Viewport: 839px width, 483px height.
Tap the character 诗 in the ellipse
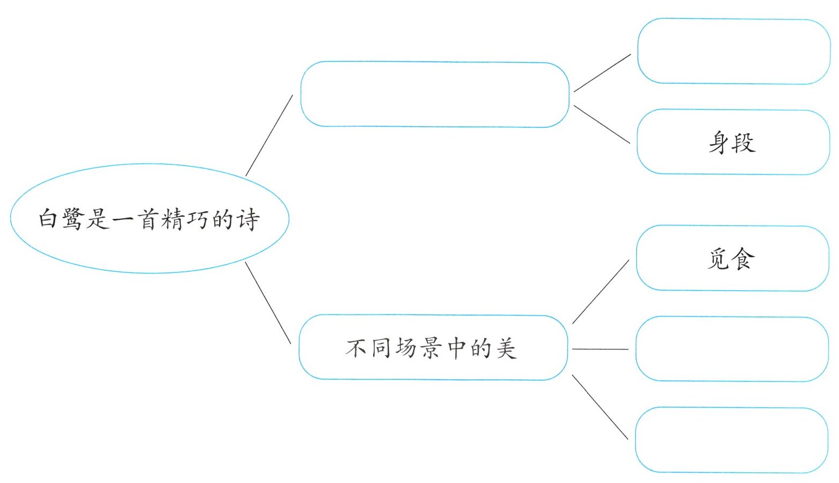click(248, 219)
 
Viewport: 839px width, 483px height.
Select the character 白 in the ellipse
click(48, 219)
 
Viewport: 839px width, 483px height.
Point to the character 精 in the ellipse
click(172, 219)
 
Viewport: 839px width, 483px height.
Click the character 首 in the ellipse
click(148, 219)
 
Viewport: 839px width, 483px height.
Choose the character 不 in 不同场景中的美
click(356, 348)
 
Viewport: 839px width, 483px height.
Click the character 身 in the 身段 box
click(719, 142)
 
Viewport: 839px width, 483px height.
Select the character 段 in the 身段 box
click(744, 142)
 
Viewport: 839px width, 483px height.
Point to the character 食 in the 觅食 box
click(743, 259)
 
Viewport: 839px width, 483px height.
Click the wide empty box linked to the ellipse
click(434, 95)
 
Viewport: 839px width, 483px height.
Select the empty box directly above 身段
click(733, 52)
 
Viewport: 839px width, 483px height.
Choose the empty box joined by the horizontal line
click(732, 349)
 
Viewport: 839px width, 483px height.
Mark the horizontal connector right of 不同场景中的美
click(600, 349)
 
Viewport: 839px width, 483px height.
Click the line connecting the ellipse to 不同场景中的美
click(268, 302)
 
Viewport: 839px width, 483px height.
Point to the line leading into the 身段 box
click(602, 125)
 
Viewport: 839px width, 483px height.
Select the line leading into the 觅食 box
click(601, 292)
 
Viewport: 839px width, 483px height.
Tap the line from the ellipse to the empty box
click(269, 135)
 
